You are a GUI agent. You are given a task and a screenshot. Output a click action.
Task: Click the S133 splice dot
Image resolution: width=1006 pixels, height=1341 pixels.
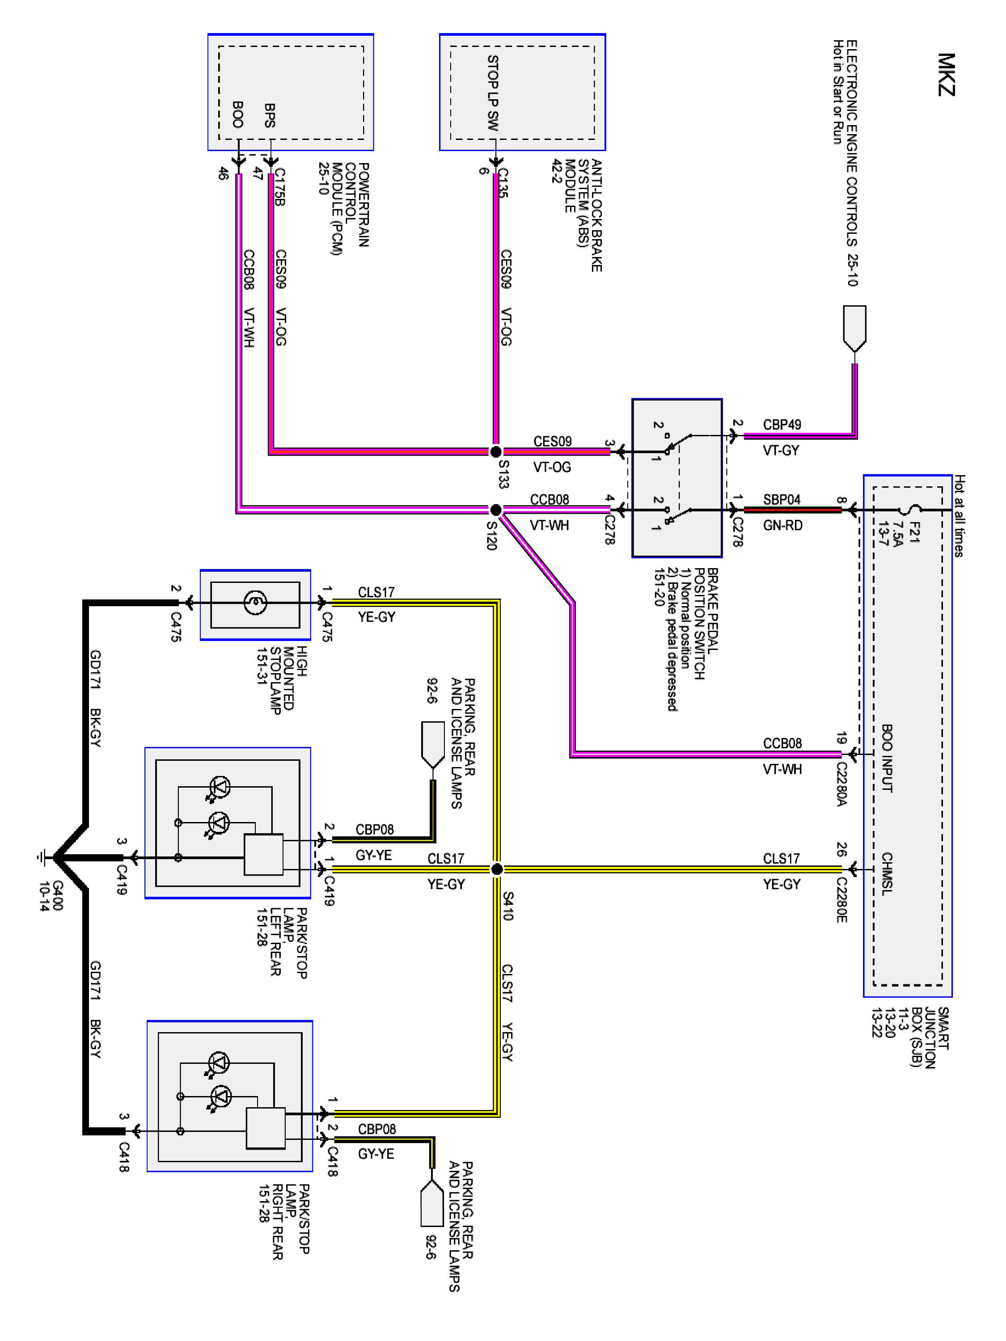(495, 451)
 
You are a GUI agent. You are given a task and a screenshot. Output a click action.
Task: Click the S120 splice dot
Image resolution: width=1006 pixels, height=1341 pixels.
(495, 509)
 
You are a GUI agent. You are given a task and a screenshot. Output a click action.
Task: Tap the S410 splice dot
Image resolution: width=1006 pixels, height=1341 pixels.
(497, 869)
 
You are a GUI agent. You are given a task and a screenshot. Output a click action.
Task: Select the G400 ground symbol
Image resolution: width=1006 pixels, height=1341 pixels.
(41, 858)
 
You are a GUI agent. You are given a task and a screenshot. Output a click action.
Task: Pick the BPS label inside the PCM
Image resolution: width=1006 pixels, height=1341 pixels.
(270, 116)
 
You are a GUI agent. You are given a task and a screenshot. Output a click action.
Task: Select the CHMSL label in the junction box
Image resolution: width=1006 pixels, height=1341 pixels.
(887, 873)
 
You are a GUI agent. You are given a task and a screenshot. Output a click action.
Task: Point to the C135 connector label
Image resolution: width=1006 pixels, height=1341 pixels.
(503, 183)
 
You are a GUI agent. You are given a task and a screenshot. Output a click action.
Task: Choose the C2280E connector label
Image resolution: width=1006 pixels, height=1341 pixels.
(841, 900)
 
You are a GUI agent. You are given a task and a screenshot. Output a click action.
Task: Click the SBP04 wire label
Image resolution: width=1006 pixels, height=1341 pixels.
(782, 500)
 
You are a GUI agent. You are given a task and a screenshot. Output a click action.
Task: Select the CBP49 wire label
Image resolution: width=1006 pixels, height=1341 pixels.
(782, 424)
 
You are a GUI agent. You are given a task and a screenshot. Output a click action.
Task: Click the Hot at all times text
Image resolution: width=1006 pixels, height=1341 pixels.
(959, 516)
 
